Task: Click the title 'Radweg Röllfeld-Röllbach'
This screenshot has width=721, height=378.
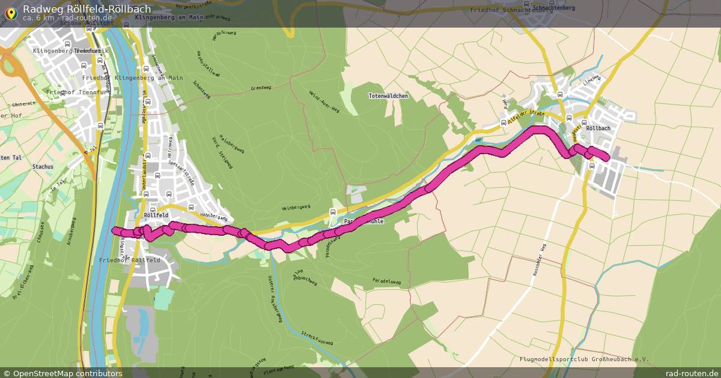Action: coord(87,9)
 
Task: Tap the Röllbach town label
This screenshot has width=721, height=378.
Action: coord(598,128)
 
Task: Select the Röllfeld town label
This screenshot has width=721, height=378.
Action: coord(156,214)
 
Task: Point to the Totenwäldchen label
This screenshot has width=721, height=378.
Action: coord(388,96)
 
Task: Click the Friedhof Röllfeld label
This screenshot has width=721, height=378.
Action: coord(129,260)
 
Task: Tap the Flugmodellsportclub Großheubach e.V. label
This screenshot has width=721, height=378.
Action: coord(584,359)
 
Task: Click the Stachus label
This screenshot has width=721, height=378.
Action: coord(43,167)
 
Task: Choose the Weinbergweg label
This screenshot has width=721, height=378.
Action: coord(296,207)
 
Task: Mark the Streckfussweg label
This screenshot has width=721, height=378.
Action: coord(317,343)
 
